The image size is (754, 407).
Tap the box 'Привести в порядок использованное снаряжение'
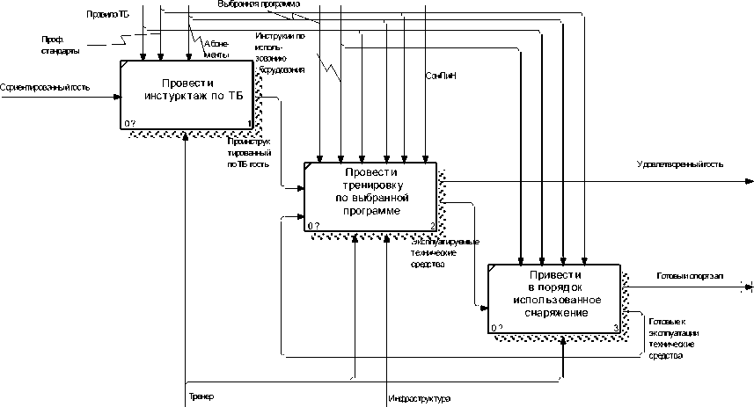tap(554, 297)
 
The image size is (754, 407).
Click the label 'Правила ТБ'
tap(107, 15)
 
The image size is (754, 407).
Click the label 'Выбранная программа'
tap(263, 4)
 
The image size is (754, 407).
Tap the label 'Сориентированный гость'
tap(45, 87)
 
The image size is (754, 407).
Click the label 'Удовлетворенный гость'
tap(680, 164)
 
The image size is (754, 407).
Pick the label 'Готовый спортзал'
tap(691, 276)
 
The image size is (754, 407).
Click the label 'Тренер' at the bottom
tap(201, 396)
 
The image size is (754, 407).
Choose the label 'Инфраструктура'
tap(420, 400)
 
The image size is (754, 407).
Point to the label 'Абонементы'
tap(216, 48)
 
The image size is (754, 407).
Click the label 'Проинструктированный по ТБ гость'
tap(248, 152)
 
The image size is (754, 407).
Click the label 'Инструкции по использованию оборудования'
tap(281, 52)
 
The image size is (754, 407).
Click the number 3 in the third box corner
tap(616, 328)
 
